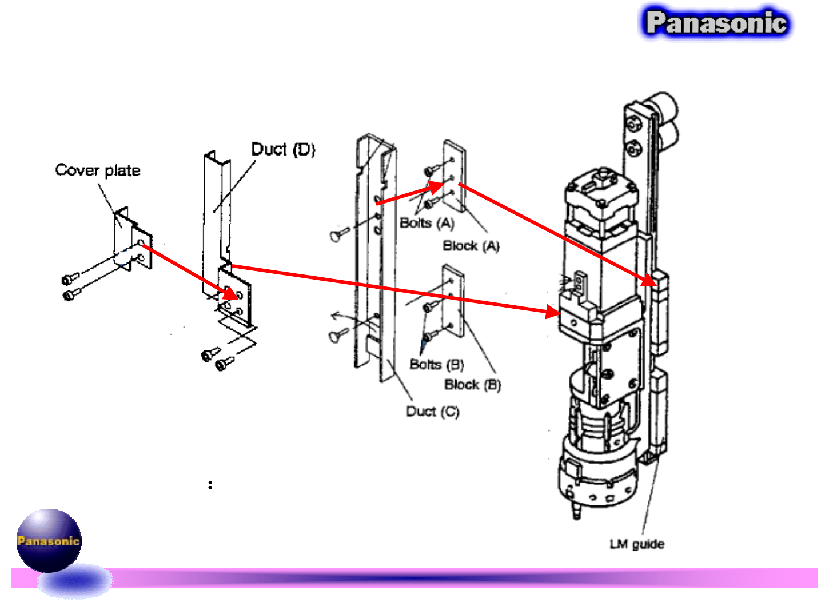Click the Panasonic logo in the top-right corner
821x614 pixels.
(x=716, y=23)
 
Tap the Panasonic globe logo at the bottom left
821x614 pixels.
(x=49, y=540)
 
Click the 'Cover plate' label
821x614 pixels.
(x=98, y=170)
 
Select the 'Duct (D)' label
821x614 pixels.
(x=283, y=150)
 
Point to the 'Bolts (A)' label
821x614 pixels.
(x=427, y=223)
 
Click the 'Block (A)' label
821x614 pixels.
(x=471, y=246)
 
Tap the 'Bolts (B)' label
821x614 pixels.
(x=436, y=364)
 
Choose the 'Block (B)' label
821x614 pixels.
(x=472, y=384)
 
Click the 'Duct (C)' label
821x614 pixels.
(x=432, y=412)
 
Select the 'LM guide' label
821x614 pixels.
(x=637, y=544)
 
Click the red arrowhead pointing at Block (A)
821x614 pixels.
(x=436, y=186)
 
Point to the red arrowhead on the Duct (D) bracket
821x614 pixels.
(x=231, y=293)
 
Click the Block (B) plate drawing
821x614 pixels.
(x=453, y=300)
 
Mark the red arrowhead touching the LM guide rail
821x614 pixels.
(x=648, y=281)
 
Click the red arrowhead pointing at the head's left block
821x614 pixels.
(x=553, y=312)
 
